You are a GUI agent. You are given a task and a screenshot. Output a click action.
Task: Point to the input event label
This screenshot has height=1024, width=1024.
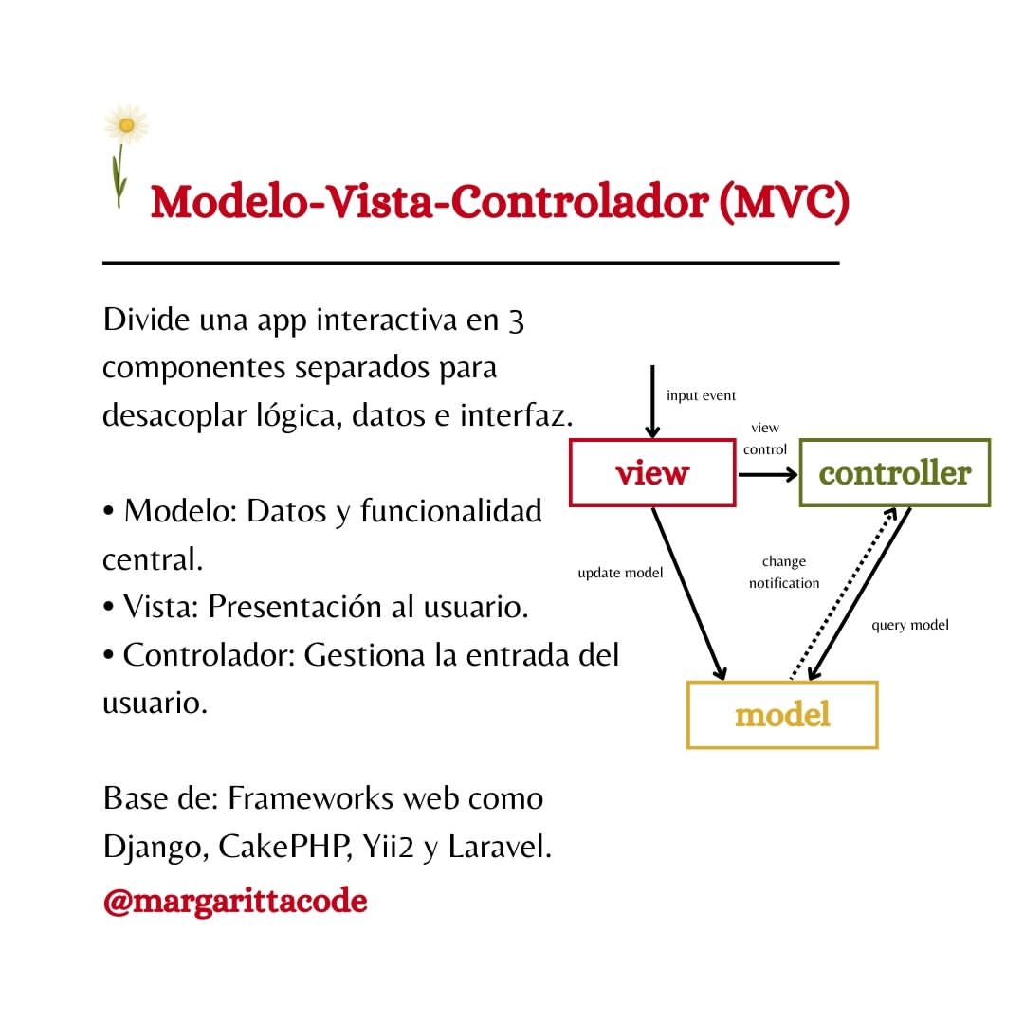click(x=701, y=395)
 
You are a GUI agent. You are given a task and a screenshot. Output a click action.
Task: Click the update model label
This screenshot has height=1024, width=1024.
click(x=620, y=573)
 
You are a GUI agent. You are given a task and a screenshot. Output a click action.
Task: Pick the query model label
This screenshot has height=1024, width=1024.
click(x=909, y=625)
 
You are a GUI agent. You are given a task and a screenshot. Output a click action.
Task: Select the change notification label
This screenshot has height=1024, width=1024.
click(x=784, y=572)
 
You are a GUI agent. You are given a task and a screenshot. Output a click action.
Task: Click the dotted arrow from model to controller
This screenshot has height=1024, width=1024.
click(x=843, y=593)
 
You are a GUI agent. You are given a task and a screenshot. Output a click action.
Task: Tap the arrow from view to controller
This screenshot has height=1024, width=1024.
click(x=768, y=474)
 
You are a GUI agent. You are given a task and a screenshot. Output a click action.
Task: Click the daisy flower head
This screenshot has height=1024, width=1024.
click(x=127, y=124)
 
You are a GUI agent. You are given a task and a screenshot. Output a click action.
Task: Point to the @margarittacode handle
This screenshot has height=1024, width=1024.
click(x=235, y=902)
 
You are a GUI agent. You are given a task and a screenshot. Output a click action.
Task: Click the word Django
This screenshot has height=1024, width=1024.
click(x=155, y=847)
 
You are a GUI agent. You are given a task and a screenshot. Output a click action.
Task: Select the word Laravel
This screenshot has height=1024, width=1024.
click(x=500, y=847)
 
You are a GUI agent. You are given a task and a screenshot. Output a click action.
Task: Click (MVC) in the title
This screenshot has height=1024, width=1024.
click(x=784, y=202)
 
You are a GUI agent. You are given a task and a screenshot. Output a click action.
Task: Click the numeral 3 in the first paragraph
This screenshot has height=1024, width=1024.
click(x=516, y=321)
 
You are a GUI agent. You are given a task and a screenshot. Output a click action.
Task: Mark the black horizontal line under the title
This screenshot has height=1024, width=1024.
click(x=471, y=264)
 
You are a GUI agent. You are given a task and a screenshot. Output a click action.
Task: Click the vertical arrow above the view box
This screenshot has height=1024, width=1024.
click(x=651, y=402)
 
